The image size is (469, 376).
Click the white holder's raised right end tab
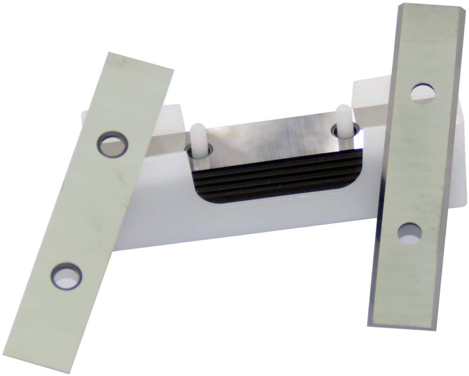pyautogui.click(x=366, y=92)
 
